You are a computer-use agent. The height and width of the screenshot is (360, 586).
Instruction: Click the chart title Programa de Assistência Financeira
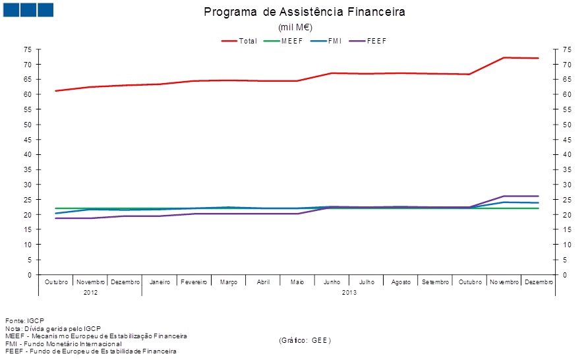[305, 12]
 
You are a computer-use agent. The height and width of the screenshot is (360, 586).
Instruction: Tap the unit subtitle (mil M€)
[295, 27]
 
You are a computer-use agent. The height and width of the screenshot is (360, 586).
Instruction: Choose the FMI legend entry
[328, 41]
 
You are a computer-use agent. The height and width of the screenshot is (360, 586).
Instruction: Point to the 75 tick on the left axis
[28, 49]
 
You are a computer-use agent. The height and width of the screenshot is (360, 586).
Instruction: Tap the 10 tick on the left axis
[28, 245]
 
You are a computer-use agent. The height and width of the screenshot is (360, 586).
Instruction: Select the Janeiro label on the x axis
[160, 282]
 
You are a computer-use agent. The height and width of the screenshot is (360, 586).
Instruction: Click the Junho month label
[332, 282]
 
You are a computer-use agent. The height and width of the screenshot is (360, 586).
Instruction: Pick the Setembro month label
[434, 282]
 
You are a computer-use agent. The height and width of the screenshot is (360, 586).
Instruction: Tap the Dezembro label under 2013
[538, 282]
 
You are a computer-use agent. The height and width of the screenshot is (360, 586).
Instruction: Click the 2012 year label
[91, 292]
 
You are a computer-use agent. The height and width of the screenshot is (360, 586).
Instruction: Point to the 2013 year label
[349, 292]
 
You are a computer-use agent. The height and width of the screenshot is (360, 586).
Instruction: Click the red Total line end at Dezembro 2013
[538, 58]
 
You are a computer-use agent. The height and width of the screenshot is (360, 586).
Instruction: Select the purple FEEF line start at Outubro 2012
[57, 218]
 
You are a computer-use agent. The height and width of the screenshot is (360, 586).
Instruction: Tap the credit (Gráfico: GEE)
[305, 340]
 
